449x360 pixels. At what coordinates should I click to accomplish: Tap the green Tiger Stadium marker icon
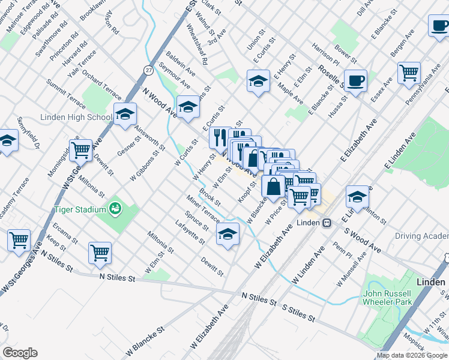click(x=115, y=209)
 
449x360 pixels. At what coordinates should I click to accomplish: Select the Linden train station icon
click(x=327, y=223)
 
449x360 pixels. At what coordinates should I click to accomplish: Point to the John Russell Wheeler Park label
click(x=387, y=298)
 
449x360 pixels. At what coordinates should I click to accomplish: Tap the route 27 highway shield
click(x=148, y=70)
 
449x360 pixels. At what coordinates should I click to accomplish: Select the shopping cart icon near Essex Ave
click(x=409, y=73)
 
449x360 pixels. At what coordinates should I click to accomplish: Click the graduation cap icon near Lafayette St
click(x=228, y=234)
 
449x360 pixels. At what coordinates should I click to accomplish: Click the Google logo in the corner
click(x=20, y=353)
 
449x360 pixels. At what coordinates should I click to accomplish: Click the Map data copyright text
click(x=411, y=355)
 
